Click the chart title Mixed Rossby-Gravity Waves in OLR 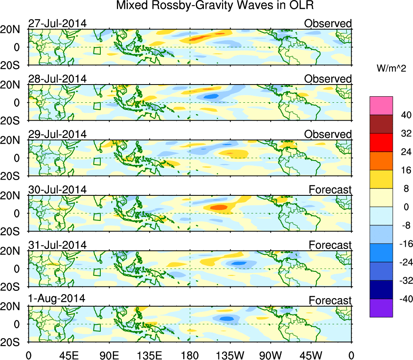click(x=215, y=6)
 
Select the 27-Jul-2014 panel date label click(x=57, y=23)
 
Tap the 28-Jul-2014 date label click(x=57, y=79)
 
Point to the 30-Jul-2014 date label click(x=57, y=189)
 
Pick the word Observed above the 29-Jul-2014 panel click(x=328, y=134)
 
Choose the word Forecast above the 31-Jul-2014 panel click(x=330, y=245)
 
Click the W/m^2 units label click(x=391, y=69)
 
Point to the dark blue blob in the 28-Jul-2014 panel click(x=211, y=96)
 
